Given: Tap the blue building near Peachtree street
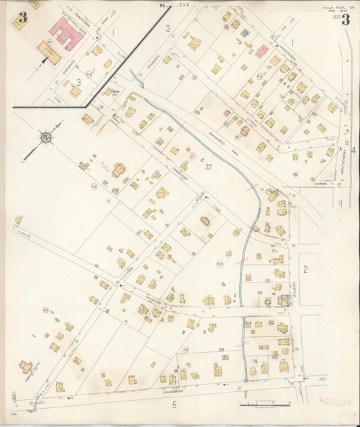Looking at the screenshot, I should click(245, 32).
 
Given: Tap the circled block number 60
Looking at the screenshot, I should click(46, 310).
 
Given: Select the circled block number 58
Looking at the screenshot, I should click(186, 349).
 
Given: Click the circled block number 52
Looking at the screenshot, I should click(95, 185).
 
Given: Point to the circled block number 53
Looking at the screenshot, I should click(220, 263).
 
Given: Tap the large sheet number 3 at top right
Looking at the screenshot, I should click(346, 20).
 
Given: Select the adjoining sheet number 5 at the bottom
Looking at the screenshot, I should click(174, 405).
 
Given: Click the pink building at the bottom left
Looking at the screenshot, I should click(26, 367).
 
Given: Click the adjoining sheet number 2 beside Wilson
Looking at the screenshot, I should click(305, 270).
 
